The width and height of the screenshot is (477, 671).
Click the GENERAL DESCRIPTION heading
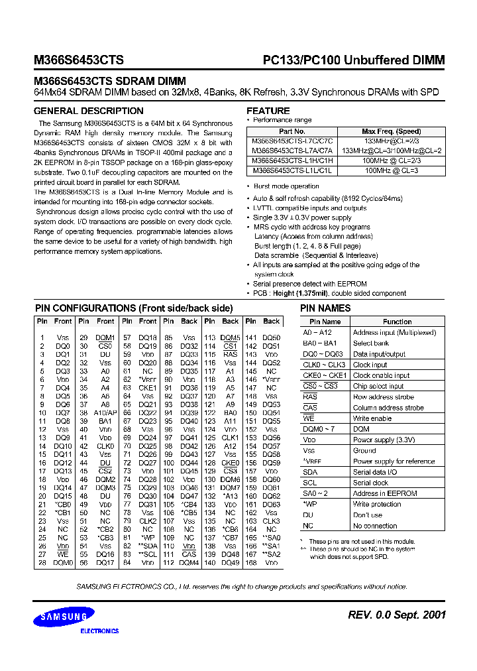[88, 111]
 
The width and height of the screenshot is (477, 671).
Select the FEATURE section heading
[268, 111]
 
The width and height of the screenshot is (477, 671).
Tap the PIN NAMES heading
[325, 308]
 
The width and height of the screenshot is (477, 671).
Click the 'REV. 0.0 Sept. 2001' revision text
[397, 615]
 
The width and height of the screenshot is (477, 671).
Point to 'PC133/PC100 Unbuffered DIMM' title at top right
[350, 60]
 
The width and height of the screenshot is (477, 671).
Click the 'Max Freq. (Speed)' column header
[391, 132]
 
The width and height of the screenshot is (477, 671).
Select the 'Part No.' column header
[292, 132]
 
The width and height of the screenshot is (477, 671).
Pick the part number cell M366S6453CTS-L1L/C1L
[292, 170]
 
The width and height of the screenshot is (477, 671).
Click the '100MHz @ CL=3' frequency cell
[391, 170]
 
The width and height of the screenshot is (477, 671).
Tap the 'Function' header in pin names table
[397, 322]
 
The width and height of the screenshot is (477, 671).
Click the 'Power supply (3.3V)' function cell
[384, 440]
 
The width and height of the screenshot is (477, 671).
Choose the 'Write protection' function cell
[376, 504]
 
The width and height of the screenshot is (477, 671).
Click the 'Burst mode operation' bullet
[286, 187]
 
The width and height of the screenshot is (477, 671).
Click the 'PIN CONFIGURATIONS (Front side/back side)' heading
[133, 308]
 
